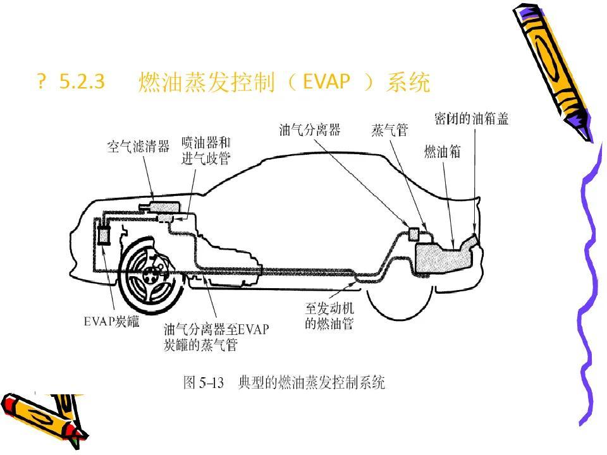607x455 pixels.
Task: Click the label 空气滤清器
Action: click(x=138, y=147)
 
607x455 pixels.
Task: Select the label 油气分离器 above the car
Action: click(x=310, y=130)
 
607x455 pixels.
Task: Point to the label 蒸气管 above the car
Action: click(x=389, y=131)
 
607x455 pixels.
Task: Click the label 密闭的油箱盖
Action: click(x=472, y=119)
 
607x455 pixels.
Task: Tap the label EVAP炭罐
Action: click(x=113, y=322)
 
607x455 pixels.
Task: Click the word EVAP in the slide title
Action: click(x=326, y=82)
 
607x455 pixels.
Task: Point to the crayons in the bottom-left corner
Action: click(x=44, y=414)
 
